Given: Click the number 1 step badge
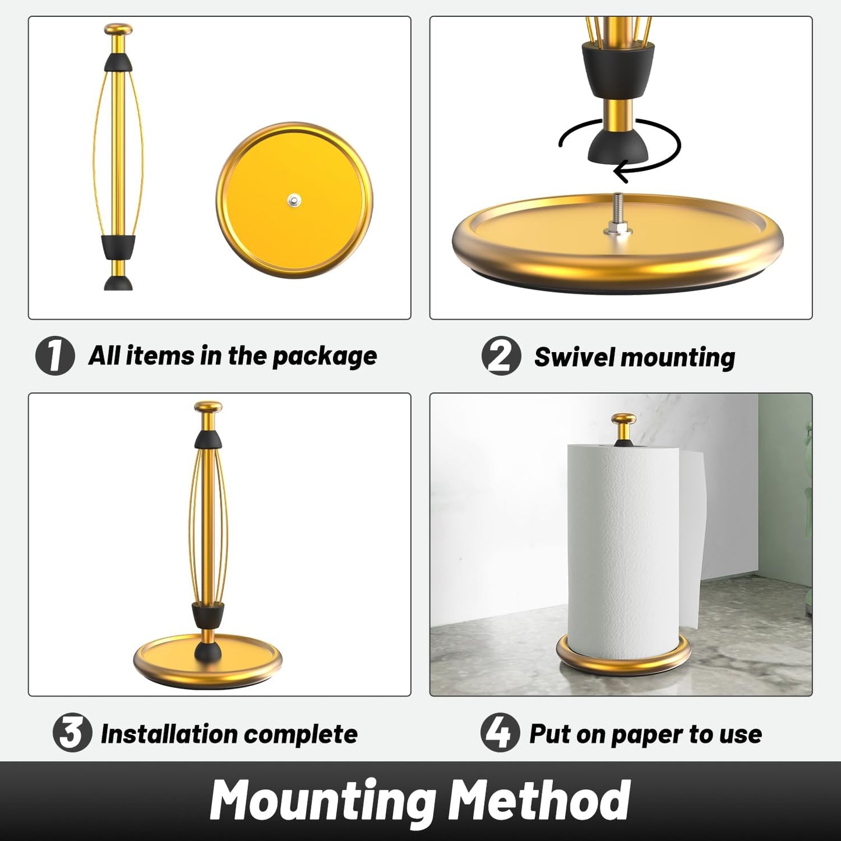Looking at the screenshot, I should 55,356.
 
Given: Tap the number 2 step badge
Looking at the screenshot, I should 501,356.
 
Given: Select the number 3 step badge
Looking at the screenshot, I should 72,733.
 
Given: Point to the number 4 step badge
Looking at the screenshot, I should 500,733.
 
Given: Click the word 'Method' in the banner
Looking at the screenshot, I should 540,801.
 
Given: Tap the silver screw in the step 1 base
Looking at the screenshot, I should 294,201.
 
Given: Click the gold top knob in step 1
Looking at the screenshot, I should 118,30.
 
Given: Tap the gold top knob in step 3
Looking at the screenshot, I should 208,407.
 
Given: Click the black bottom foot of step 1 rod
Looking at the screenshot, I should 118,283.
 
